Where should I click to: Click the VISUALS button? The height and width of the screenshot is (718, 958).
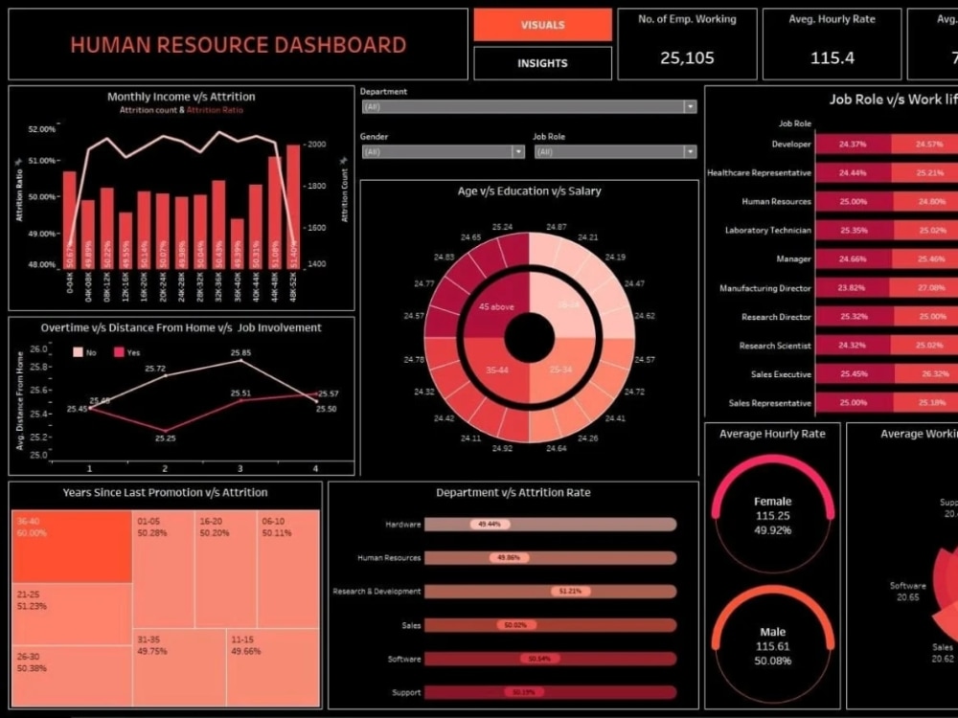[x=542, y=25]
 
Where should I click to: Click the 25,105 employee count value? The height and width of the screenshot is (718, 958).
[x=687, y=57]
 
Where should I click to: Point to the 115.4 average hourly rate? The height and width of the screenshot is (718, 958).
[x=832, y=57]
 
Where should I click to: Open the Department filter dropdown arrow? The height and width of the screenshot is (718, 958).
[x=690, y=107]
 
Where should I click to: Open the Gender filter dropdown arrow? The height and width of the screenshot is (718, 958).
[x=518, y=152]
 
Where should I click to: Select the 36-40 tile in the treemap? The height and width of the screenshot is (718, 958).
[x=72, y=547]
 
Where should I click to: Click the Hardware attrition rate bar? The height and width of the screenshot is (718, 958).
[x=550, y=525]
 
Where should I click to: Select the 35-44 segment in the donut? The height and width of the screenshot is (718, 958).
[x=496, y=369]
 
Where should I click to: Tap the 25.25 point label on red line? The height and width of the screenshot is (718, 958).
[x=165, y=438]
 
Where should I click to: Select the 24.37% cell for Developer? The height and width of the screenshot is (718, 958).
[x=852, y=145]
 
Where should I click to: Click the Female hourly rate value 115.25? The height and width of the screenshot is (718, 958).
[x=772, y=515]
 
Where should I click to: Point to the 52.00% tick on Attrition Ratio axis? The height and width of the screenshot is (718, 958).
[x=42, y=129]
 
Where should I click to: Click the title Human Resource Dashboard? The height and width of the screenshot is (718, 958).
[x=238, y=45]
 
